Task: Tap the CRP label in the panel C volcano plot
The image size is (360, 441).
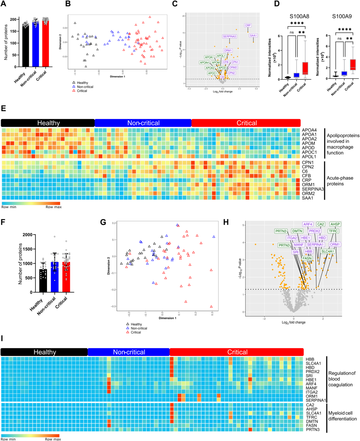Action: click(248, 25)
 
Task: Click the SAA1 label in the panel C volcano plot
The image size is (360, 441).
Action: click(253, 35)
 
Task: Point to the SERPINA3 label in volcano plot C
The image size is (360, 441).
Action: click(229, 36)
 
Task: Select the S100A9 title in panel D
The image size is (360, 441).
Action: click(342, 16)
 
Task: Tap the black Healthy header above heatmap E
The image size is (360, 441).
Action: click(48, 123)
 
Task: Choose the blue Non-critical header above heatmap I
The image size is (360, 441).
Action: click(129, 352)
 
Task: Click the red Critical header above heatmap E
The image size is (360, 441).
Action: click(246, 123)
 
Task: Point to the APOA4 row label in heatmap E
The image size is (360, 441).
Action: click(309, 130)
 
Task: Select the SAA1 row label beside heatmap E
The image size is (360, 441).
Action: click(307, 198)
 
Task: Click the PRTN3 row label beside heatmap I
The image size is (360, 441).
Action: click(313, 429)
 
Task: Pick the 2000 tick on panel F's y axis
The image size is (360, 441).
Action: click(27, 235)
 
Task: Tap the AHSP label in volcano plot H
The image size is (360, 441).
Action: click(335, 224)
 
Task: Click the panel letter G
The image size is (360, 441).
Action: click(103, 222)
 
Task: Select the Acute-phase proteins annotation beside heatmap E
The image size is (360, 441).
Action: click(340, 181)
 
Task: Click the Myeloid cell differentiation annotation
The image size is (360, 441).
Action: click(342, 416)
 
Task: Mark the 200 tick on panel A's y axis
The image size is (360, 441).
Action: click(13, 19)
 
